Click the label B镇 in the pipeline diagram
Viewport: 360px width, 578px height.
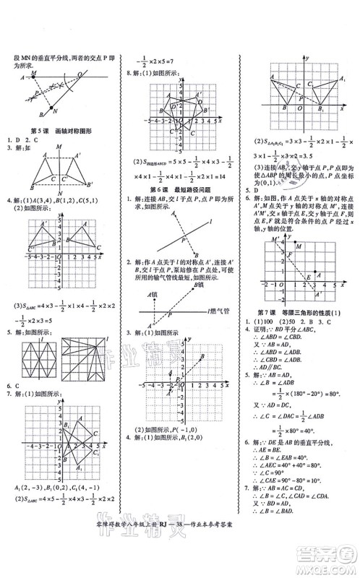[x=197, y=286]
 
